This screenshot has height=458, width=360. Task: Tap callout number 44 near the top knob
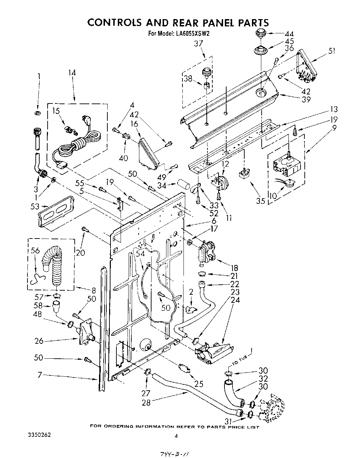pyautogui.click(x=289, y=34)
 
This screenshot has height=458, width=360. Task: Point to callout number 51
pyautogui.click(x=332, y=51)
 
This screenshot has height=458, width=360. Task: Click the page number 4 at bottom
pyautogui.click(x=176, y=436)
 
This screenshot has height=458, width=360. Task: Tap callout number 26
pyautogui.click(x=39, y=341)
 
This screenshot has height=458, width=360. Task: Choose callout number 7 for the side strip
pyautogui.click(x=40, y=375)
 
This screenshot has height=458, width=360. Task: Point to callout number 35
pyautogui.click(x=260, y=201)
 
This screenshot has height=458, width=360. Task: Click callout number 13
pyautogui.click(x=334, y=110)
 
